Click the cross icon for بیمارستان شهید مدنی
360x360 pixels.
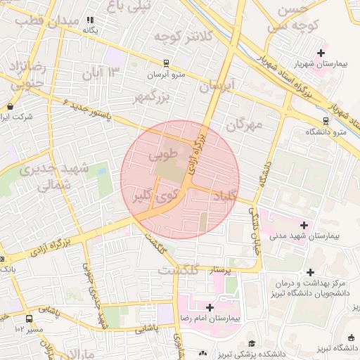pyautogui.click(x=304, y=225)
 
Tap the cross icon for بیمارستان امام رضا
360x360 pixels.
pyautogui.click(x=210, y=307)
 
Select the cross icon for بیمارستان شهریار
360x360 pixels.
pyautogui.click(x=322, y=52)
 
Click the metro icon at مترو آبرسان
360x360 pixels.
pyautogui.click(x=165, y=62)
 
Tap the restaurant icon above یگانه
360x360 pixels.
pyautogui.click(x=89, y=20)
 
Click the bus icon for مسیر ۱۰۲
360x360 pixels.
pyautogui.click(x=19, y=318)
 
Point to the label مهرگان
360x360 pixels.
pyautogui.click(x=244, y=125)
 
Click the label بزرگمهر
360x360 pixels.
pyautogui.click(x=153, y=96)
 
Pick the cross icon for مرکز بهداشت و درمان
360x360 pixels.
pyautogui.click(x=310, y=272)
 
